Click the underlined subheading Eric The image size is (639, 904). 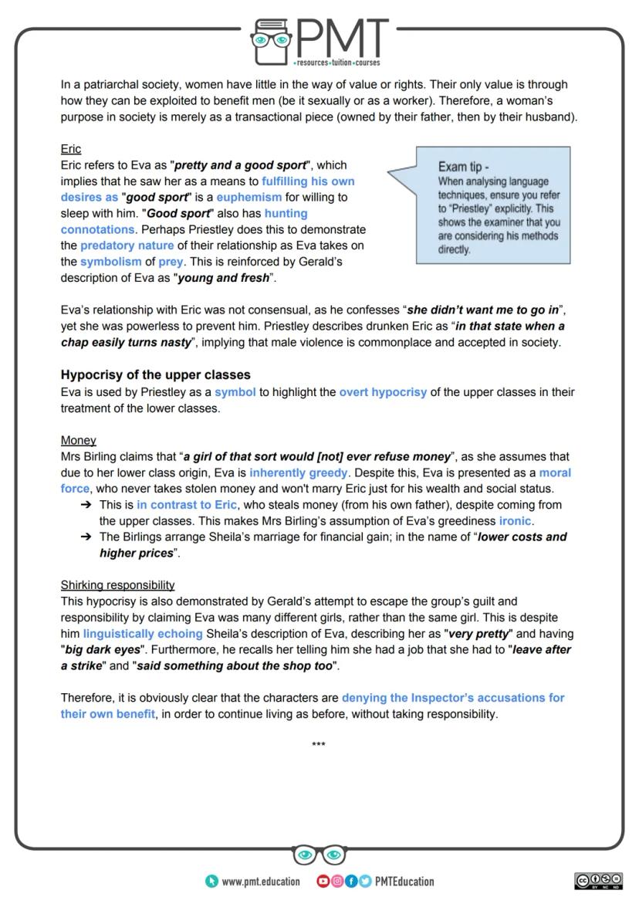coord(71,149)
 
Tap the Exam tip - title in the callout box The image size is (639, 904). coord(464,167)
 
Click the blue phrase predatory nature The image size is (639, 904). coord(127,246)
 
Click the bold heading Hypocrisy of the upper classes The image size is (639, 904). coord(155,375)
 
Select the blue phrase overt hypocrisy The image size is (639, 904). coord(383,392)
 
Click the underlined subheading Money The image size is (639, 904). coord(78,441)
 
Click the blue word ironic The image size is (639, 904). coord(515,521)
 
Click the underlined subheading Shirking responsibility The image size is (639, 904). coord(117,585)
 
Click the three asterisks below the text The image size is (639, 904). coord(318,746)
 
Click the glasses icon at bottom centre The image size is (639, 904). coord(319,855)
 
